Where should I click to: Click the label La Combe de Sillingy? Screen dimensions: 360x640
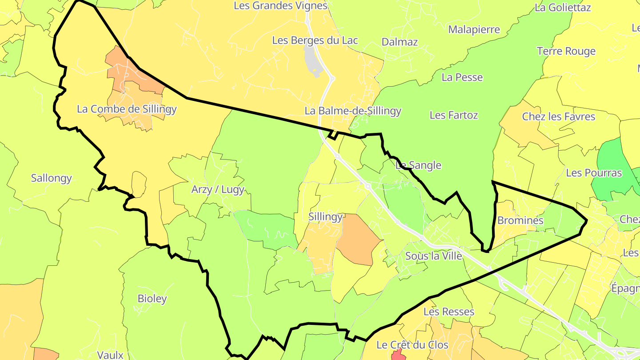(127, 109)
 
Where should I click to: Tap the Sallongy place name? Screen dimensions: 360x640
(51, 178)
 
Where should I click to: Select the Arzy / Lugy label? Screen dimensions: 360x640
(218, 190)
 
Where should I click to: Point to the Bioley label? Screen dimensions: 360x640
(152, 299)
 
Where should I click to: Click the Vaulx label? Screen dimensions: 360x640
(110, 355)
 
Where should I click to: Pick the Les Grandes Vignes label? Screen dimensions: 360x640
(280, 6)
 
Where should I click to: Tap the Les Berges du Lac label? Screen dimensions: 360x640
(315, 40)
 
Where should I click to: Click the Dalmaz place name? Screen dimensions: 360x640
(400, 42)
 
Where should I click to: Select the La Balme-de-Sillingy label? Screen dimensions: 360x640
(353, 111)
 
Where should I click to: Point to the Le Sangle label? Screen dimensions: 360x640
(418, 165)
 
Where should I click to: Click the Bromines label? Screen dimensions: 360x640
(520, 220)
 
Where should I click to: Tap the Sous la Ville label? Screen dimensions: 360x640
(433, 256)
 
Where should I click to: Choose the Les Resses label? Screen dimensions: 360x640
(448, 312)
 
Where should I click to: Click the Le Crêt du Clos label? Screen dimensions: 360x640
(412, 345)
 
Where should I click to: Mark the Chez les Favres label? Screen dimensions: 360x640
(558, 117)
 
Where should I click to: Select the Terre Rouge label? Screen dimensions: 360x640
(566, 52)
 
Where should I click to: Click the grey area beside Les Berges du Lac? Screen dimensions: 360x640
(312, 60)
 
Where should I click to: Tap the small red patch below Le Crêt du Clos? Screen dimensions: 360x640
(398, 355)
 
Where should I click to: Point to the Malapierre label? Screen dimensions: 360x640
(474, 30)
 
